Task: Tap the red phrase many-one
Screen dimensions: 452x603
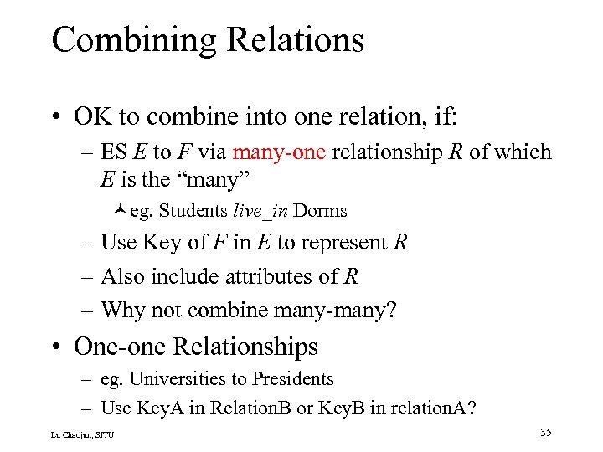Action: (280, 152)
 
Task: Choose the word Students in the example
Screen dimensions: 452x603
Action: (191, 210)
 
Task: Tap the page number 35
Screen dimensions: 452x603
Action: (546, 433)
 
